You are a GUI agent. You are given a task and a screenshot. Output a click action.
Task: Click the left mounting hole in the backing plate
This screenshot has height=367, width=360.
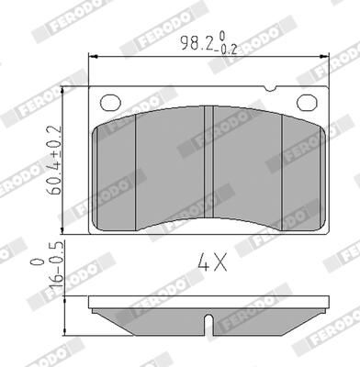tap(111, 102)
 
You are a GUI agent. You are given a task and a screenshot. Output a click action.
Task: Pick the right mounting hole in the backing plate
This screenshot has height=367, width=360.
tap(306, 102)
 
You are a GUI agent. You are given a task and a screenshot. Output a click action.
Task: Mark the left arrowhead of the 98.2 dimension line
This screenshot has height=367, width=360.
tap(91, 57)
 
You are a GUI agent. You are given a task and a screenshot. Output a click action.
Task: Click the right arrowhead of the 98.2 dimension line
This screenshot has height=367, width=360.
tap(327, 57)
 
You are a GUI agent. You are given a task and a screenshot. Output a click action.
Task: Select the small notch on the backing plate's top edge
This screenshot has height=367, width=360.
tap(268, 88)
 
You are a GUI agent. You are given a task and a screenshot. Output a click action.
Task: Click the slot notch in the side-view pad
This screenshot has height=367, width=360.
tap(210, 323)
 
